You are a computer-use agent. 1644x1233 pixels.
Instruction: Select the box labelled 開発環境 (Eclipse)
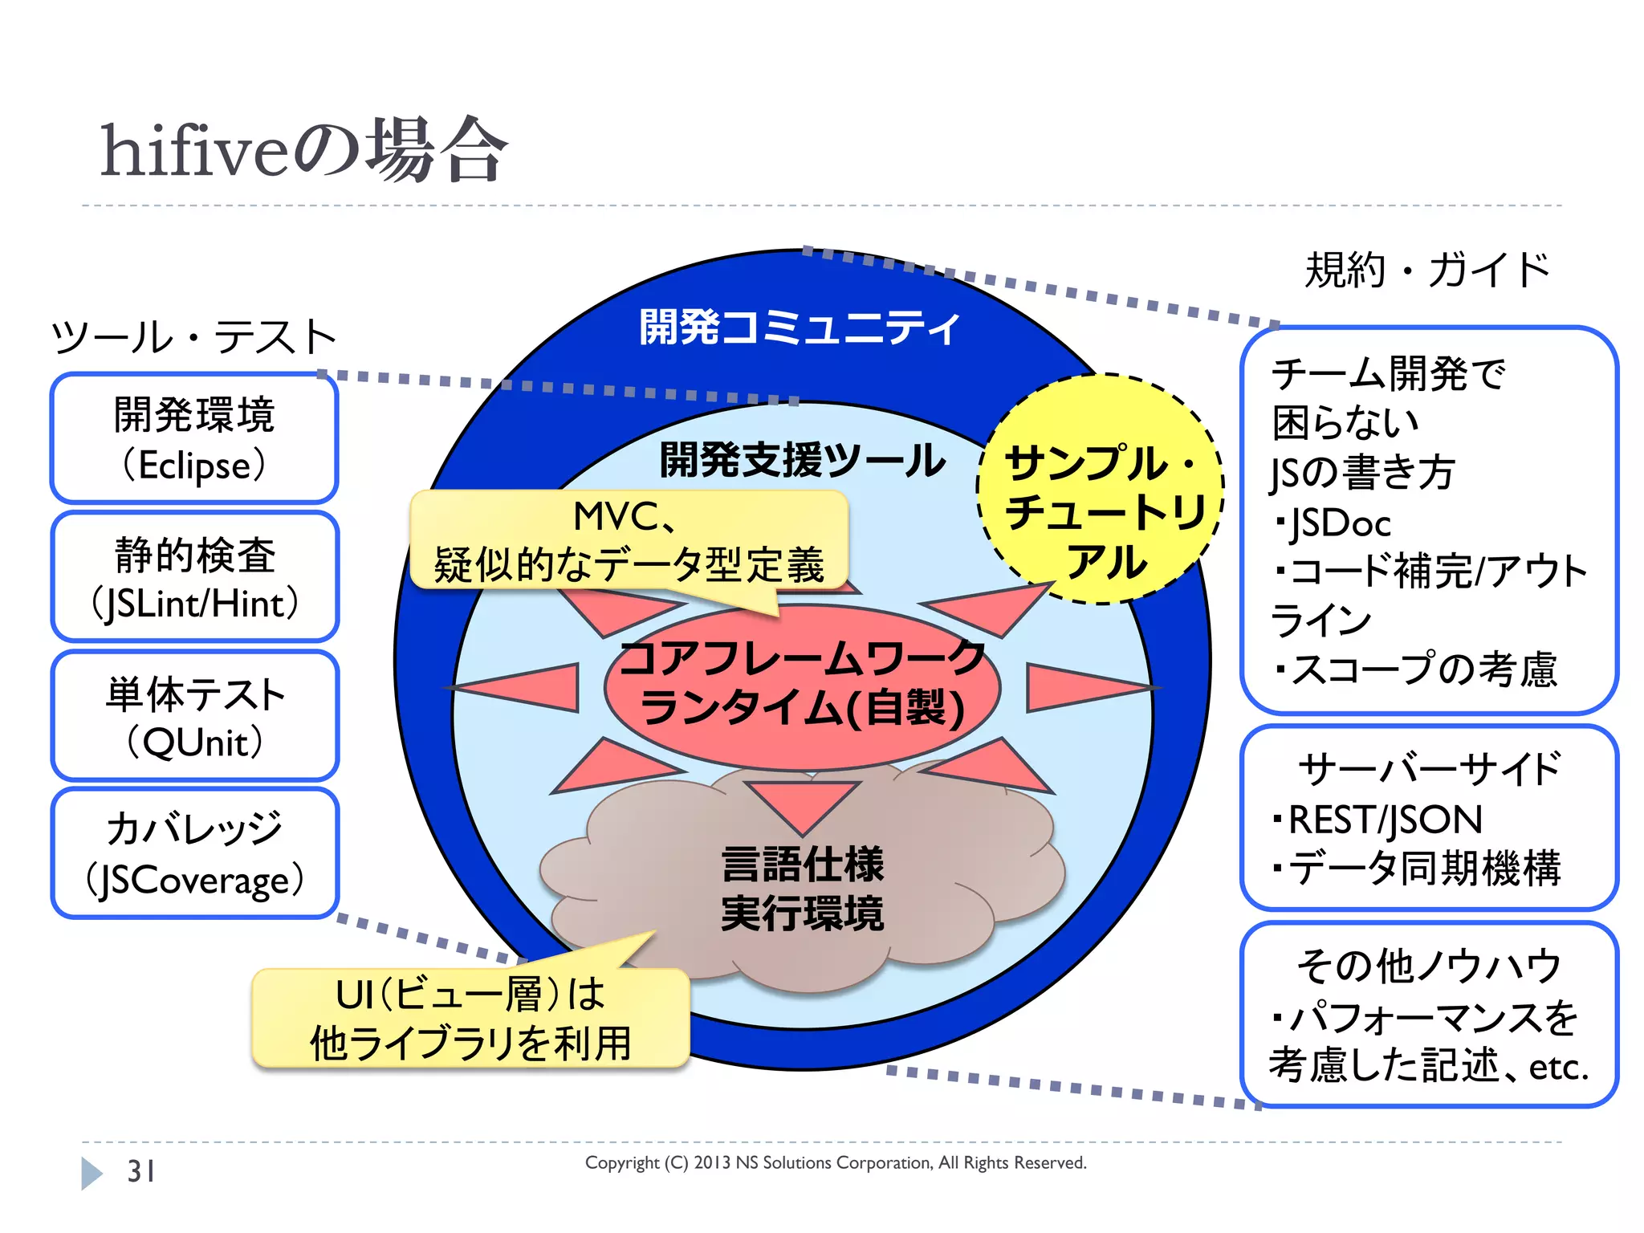(194, 438)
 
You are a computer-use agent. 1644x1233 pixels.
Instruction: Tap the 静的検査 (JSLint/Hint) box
(194, 577)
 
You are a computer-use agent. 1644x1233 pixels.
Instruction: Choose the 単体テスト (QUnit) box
(194, 716)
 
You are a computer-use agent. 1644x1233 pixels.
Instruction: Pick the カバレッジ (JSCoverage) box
(194, 853)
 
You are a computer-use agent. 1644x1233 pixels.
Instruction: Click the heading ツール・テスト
(193, 336)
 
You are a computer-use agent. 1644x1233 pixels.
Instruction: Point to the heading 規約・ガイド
(1427, 270)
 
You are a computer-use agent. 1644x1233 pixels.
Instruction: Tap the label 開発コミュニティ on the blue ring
(800, 328)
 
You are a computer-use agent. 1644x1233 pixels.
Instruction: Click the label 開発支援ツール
(803, 460)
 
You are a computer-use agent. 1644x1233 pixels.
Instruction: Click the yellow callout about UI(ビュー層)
(470, 1018)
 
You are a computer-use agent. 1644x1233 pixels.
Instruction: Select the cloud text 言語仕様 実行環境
(803, 889)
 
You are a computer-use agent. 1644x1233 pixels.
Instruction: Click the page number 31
(141, 1171)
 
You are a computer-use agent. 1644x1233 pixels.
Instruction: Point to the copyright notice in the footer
(836, 1162)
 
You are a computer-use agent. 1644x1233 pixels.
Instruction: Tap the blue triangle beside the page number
(92, 1173)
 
